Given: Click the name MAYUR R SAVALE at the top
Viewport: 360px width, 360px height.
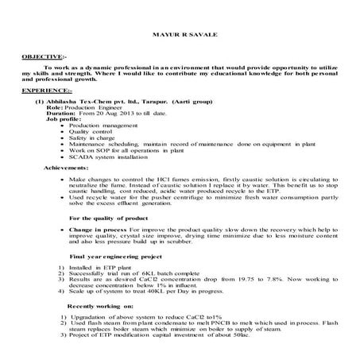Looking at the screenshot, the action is tap(179, 37).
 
